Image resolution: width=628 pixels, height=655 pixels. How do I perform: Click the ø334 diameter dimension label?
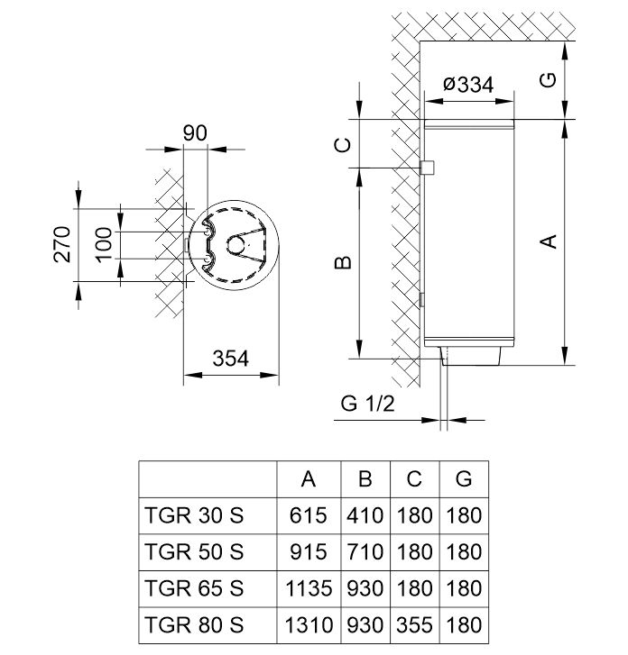pyautogui.click(x=468, y=85)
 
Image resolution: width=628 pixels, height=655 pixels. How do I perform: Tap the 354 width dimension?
pyautogui.click(x=231, y=358)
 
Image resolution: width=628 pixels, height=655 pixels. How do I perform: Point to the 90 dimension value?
pyautogui.click(x=195, y=132)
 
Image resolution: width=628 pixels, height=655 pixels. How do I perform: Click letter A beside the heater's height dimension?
pyautogui.click(x=547, y=241)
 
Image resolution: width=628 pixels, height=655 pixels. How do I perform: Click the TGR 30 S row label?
pyautogui.click(x=193, y=516)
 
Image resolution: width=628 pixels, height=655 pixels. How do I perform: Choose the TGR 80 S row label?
pyautogui.click(x=193, y=623)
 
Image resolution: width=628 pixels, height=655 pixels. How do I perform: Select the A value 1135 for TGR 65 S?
pyautogui.click(x=309, y=587)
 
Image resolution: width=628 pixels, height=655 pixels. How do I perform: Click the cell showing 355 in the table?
pyautogui.click(x=415, y=623)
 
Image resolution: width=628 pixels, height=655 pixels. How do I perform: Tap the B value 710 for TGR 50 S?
pyautogui.click(x=365, y=551)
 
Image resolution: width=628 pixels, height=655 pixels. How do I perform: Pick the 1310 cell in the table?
pyautogui.click(x=309, y=623)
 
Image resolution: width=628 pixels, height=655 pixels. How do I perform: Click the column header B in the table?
pyautogui.click(x=365, y=479)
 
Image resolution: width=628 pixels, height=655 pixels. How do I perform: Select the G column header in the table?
pyautogui.click(x=463, y=479)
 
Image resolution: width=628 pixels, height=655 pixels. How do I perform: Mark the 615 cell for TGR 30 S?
pyautogui.click(x=309, y=516)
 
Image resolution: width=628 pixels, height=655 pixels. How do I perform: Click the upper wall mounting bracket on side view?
pyautogui.click(x=428, y=167)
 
